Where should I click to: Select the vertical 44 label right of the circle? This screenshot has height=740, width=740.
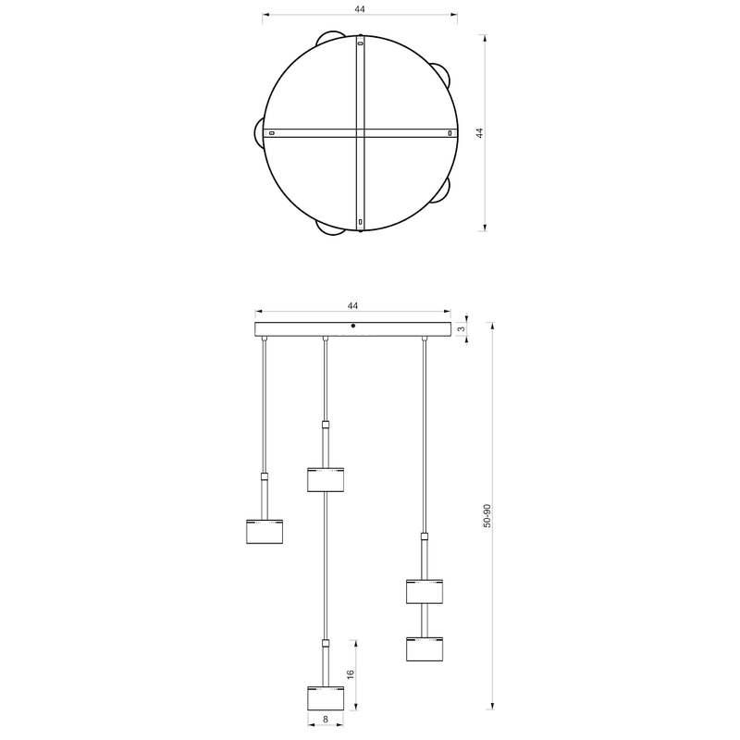click(x=479, y=133)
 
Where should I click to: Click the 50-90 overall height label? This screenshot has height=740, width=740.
click(x=487, y=516)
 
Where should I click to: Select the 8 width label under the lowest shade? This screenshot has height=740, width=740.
click(x=327, y=717)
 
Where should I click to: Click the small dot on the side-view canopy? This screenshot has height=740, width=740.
click(x=353, y=326)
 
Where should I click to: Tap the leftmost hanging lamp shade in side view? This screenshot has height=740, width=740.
click(x=265, y=533)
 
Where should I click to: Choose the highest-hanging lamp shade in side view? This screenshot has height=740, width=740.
click(x=325, y=479)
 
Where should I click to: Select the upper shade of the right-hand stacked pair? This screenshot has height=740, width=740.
click(x=425, y=590)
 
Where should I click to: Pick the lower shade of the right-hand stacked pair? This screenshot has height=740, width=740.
click(x=425, y=648)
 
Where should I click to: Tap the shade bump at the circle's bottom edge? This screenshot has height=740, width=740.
click(x=329, y=228)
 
